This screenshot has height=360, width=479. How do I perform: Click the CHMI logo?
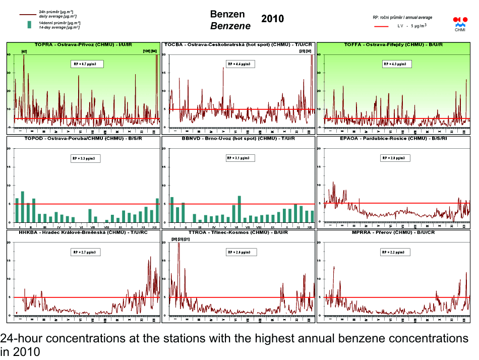[460, 23]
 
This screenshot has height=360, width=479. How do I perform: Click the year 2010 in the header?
[273, 19]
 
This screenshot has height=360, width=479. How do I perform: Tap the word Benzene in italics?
[230, 26]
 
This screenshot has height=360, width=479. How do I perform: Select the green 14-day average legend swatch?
[29, 24]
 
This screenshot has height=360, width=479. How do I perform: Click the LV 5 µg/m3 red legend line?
[382, 25]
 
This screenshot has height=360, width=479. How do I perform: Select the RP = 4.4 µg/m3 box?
[241, 64]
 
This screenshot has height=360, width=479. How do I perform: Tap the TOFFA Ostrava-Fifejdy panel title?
[393, 45]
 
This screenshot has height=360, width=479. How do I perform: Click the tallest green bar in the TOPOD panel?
[23, 207]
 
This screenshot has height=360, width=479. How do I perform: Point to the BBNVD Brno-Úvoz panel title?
[238, 138]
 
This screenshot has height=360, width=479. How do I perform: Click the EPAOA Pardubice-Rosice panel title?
[394, 138]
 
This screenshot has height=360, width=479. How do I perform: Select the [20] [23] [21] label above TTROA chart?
[181, 239]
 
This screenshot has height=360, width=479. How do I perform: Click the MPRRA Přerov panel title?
[393, 232]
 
